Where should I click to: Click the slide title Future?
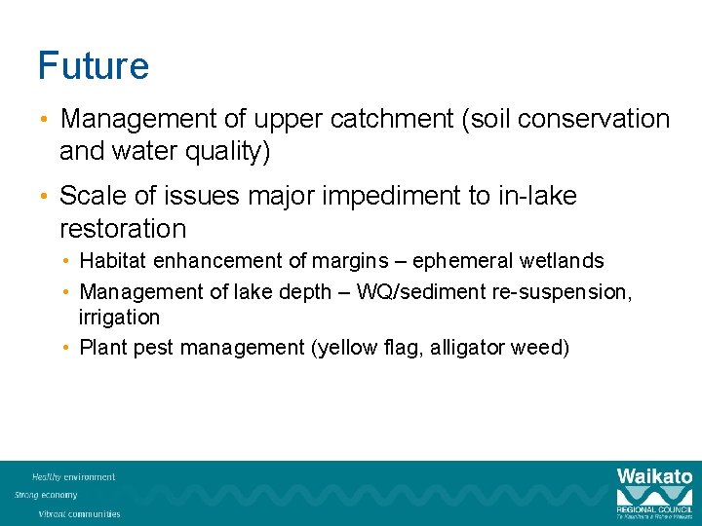pyautogui.click(x=94, y=66)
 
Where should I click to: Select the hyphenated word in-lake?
pyautogui.click(x=537, y=196)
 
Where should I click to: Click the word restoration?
pyautogui.click(x=123, y=229)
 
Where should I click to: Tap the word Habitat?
pyautogui.click(x=111, y=261)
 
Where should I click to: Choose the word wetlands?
pyautogui.click(x=563, y=261)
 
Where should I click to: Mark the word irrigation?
pyautogui.click(x=119, y=318)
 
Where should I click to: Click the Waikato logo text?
pyautogui.click(x=654, y=477)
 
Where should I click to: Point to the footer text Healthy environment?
pyautogui.click(x=73, y=477)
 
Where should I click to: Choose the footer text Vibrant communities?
pyautogui.click(x=79, y=513)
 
